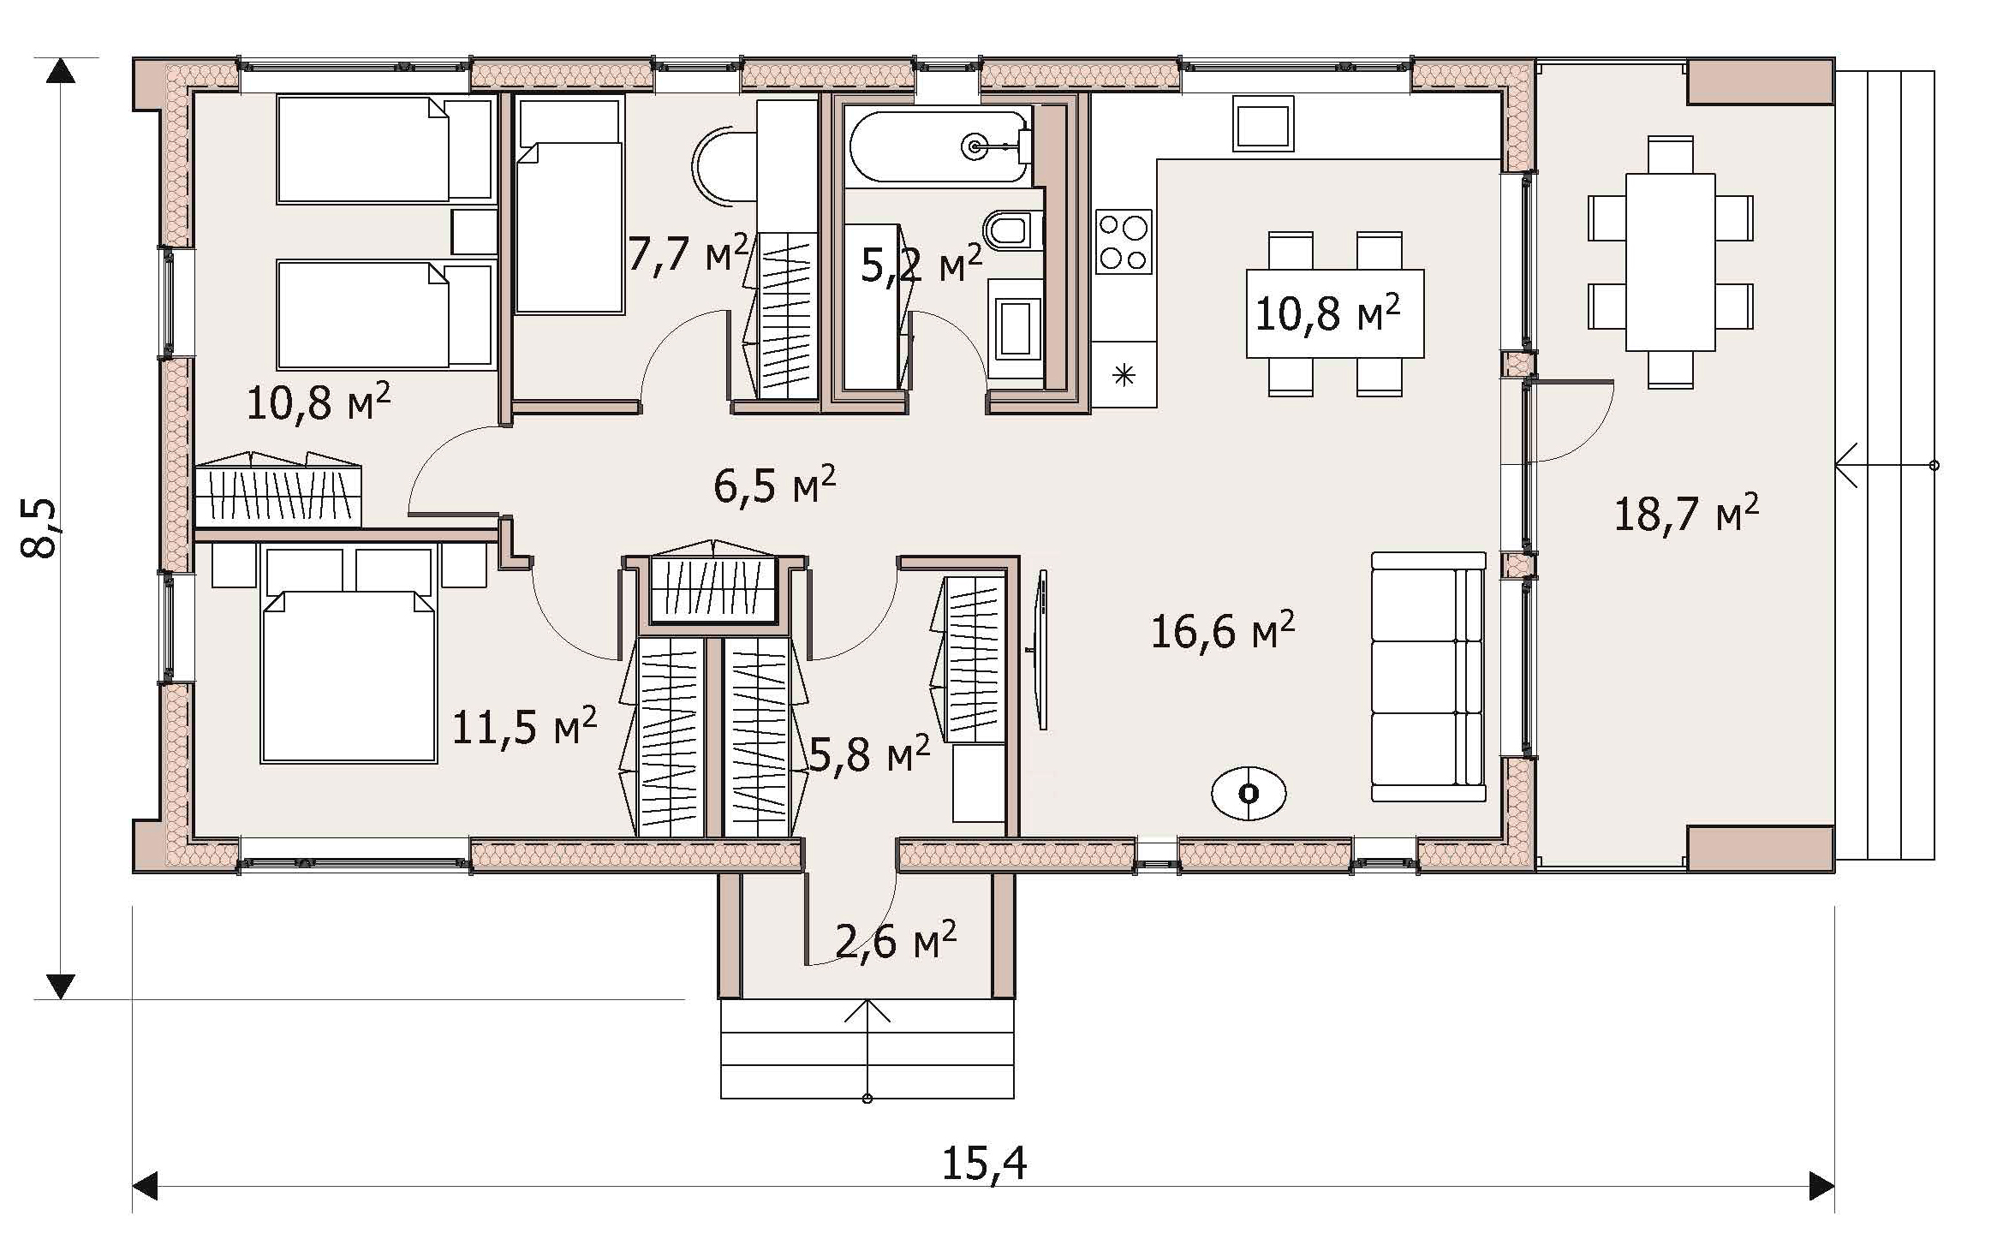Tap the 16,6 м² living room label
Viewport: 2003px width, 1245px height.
click(1222, 632)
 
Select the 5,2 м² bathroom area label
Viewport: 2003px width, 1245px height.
click(921, 265)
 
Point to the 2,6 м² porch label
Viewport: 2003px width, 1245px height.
click(895, 941)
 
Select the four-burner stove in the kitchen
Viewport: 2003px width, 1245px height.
click(1124, 241)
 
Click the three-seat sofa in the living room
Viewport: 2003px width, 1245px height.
click(1428, 676)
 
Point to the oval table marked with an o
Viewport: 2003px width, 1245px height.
click(1249, 794)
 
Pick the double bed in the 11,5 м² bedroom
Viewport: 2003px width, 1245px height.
click(349, 655)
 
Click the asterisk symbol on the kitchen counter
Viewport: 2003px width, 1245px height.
click(1124, 375)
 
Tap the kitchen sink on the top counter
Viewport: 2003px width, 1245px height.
click(1263, 124)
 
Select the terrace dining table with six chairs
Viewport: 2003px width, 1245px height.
click(1670, 262)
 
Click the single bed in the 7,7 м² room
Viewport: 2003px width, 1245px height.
click(569, 206)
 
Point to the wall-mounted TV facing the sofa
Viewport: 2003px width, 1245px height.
click(1040, 650)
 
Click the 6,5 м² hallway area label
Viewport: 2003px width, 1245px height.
click(774, 485)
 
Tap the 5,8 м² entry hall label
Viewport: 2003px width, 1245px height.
click(868, 754)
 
